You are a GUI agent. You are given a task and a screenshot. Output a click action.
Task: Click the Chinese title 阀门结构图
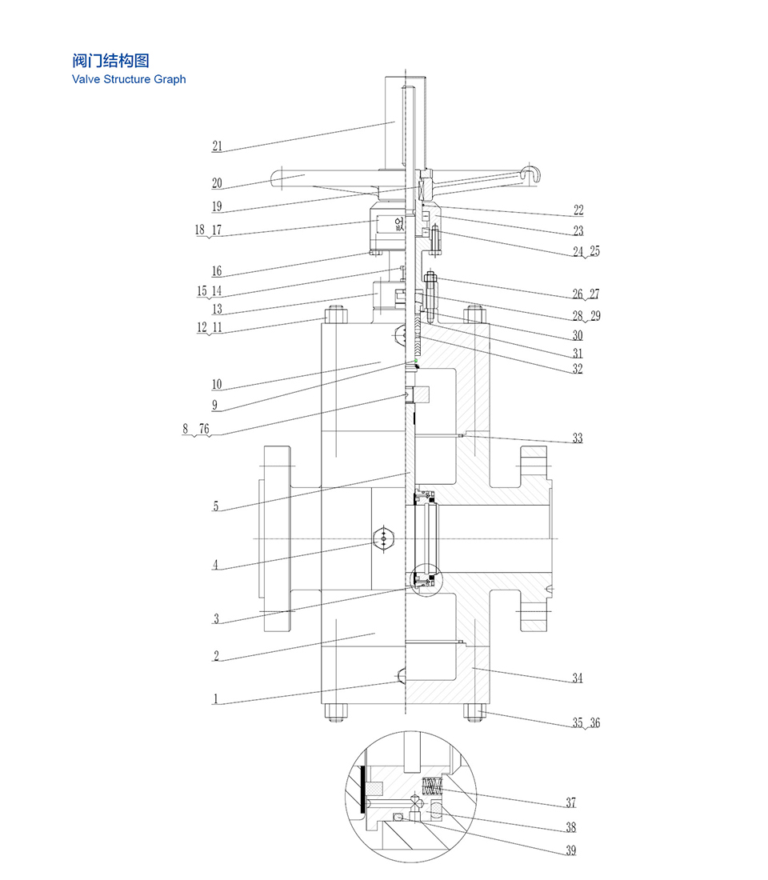point(110,61)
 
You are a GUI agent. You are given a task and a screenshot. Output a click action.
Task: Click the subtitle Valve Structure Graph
point(129,79)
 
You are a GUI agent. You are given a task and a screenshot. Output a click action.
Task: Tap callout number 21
point(217,146)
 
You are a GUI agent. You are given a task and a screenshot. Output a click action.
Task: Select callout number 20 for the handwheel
point(217,183)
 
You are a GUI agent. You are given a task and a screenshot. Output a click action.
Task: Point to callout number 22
point(578,210)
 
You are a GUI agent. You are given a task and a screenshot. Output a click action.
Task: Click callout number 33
point(577,438)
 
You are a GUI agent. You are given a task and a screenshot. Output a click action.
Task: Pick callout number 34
point(577,678)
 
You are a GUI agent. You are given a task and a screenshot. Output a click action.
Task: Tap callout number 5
point(215,506)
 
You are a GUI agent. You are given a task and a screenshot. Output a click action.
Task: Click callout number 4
point(215,565)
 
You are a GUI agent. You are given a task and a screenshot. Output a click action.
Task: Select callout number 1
point(215,698)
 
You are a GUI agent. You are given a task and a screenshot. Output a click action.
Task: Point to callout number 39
point(570,850)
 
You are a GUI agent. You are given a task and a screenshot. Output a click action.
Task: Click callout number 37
point(570,803)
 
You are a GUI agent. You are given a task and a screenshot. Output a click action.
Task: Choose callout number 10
point(217,385)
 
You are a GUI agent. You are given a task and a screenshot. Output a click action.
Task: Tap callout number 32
point(577,369)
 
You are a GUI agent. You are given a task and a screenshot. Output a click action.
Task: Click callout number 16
point(217,272)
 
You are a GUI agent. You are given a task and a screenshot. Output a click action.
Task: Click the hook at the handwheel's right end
point(529,173)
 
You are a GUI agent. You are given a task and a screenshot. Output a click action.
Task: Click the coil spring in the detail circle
point(432,787)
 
